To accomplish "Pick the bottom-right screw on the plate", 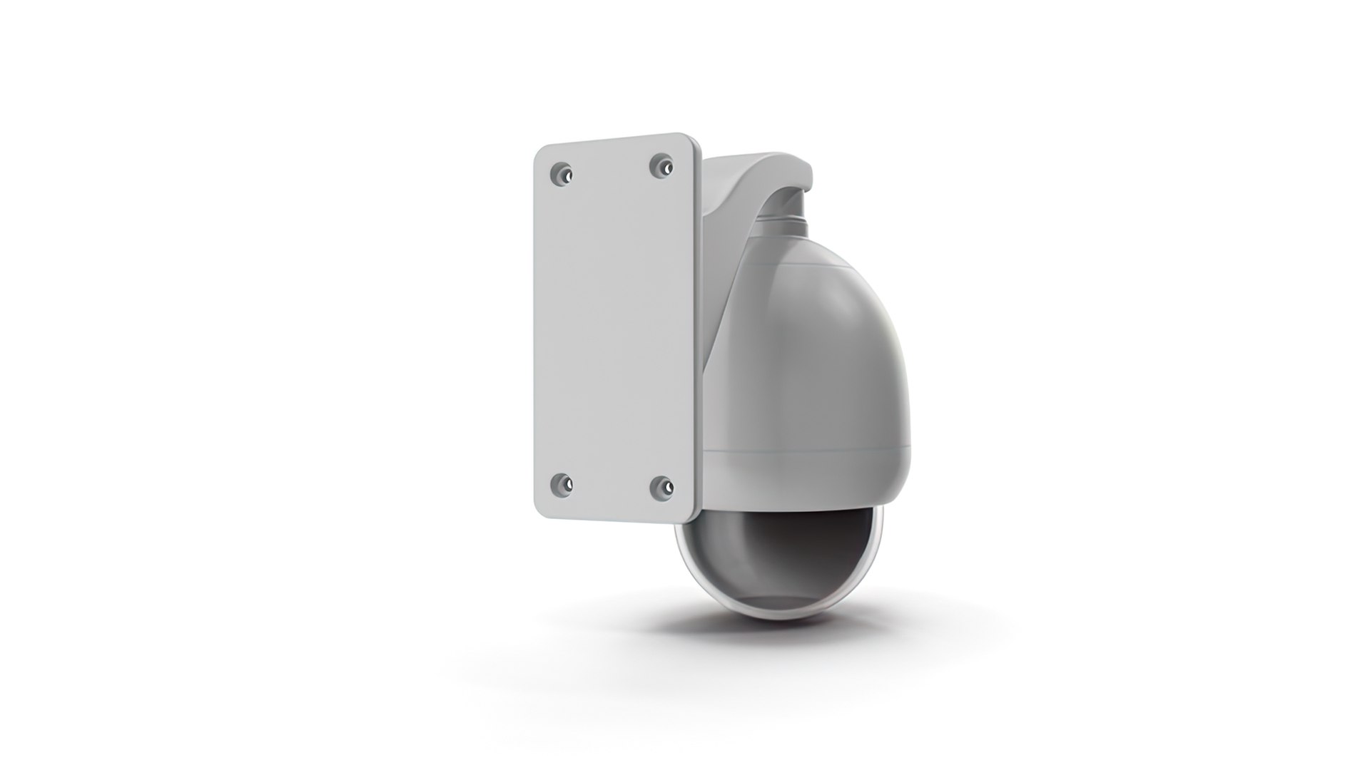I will coord(661,486).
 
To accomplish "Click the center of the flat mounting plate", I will coord(615,328).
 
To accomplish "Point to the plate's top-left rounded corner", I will coord(541,152).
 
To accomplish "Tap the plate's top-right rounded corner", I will coord(692,138).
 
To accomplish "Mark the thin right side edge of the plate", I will coord(699,328).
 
